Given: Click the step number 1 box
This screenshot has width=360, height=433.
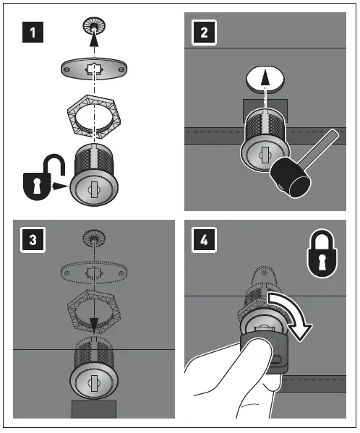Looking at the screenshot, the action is (x=33, y=33).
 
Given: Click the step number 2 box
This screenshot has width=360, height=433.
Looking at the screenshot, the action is (x=204, y=33).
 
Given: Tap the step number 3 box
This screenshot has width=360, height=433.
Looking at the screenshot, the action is (x=33, y=240).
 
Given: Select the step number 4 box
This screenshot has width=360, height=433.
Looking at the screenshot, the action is (x=204, y=240).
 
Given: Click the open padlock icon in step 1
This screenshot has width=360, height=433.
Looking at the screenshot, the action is (x=41, y=178).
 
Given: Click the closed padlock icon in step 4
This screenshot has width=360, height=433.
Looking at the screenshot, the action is (x=322, y=254).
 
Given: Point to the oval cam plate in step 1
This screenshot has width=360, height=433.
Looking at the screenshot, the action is (x=94, y=69).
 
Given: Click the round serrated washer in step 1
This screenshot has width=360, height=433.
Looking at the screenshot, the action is (x=94, y=27).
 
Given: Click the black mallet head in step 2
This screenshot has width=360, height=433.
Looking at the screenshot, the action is (x=291, y=178).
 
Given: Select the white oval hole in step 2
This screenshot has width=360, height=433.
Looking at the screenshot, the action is (x=265, y=79).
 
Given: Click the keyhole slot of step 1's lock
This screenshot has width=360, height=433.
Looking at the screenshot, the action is (x=94, y=189).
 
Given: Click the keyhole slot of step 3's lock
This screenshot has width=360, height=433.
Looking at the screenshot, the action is (x=94, y=383).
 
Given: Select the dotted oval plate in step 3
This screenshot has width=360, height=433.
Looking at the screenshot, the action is (x=94, y=273).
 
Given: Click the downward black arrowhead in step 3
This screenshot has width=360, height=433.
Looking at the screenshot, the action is (x=94, y=326).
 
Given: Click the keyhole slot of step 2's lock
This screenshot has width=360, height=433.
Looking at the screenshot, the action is (x=265, y=155).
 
